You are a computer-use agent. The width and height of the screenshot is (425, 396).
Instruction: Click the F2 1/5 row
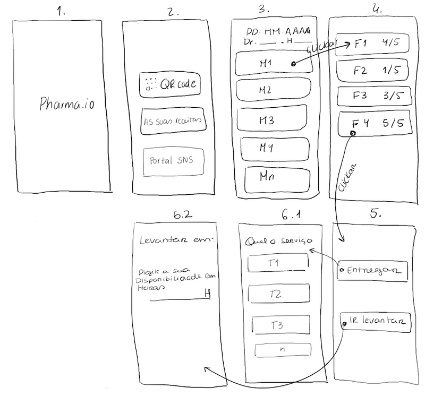point(373,70)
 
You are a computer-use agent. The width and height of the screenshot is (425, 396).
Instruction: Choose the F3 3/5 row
point(373,96)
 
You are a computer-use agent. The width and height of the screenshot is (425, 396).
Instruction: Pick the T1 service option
point(279,263)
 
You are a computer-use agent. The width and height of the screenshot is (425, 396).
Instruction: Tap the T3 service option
point(280,325)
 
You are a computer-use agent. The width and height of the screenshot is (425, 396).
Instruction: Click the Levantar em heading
point(175,240)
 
